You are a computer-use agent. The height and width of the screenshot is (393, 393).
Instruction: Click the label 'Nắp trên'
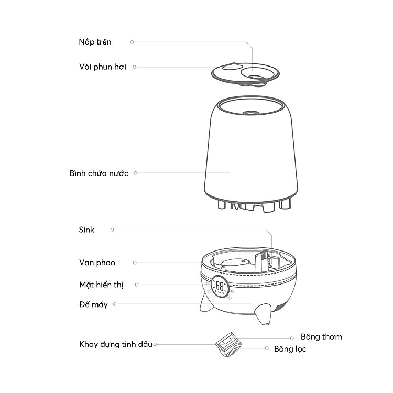tap(95, 42)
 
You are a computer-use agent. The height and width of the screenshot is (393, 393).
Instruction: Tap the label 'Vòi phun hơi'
tap(103, 67)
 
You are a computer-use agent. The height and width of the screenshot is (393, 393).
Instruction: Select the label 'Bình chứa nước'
tap(99, 173)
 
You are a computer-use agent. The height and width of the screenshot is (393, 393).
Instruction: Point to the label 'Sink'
tap(86, 230)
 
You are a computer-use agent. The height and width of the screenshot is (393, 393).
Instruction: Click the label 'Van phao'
tap(97, 263)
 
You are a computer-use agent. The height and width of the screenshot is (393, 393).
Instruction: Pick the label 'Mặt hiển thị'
tap(102, 285)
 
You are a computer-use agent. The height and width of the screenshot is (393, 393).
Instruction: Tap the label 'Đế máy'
tap(93, 304)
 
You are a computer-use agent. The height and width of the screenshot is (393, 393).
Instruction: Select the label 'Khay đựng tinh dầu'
tap(116, 344)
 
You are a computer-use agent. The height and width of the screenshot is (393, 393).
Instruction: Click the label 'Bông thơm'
tap(321, 336)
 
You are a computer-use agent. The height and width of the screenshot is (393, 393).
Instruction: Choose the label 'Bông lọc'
tap(290, 348)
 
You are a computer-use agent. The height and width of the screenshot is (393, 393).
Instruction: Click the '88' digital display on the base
tap(221, 287)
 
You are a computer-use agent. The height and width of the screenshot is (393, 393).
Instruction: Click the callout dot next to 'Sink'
tap(112, 230)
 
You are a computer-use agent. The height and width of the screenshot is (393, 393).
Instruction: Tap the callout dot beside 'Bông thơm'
tap(291, 339)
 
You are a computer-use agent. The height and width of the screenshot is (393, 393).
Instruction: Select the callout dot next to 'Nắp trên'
tap(132, 42)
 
